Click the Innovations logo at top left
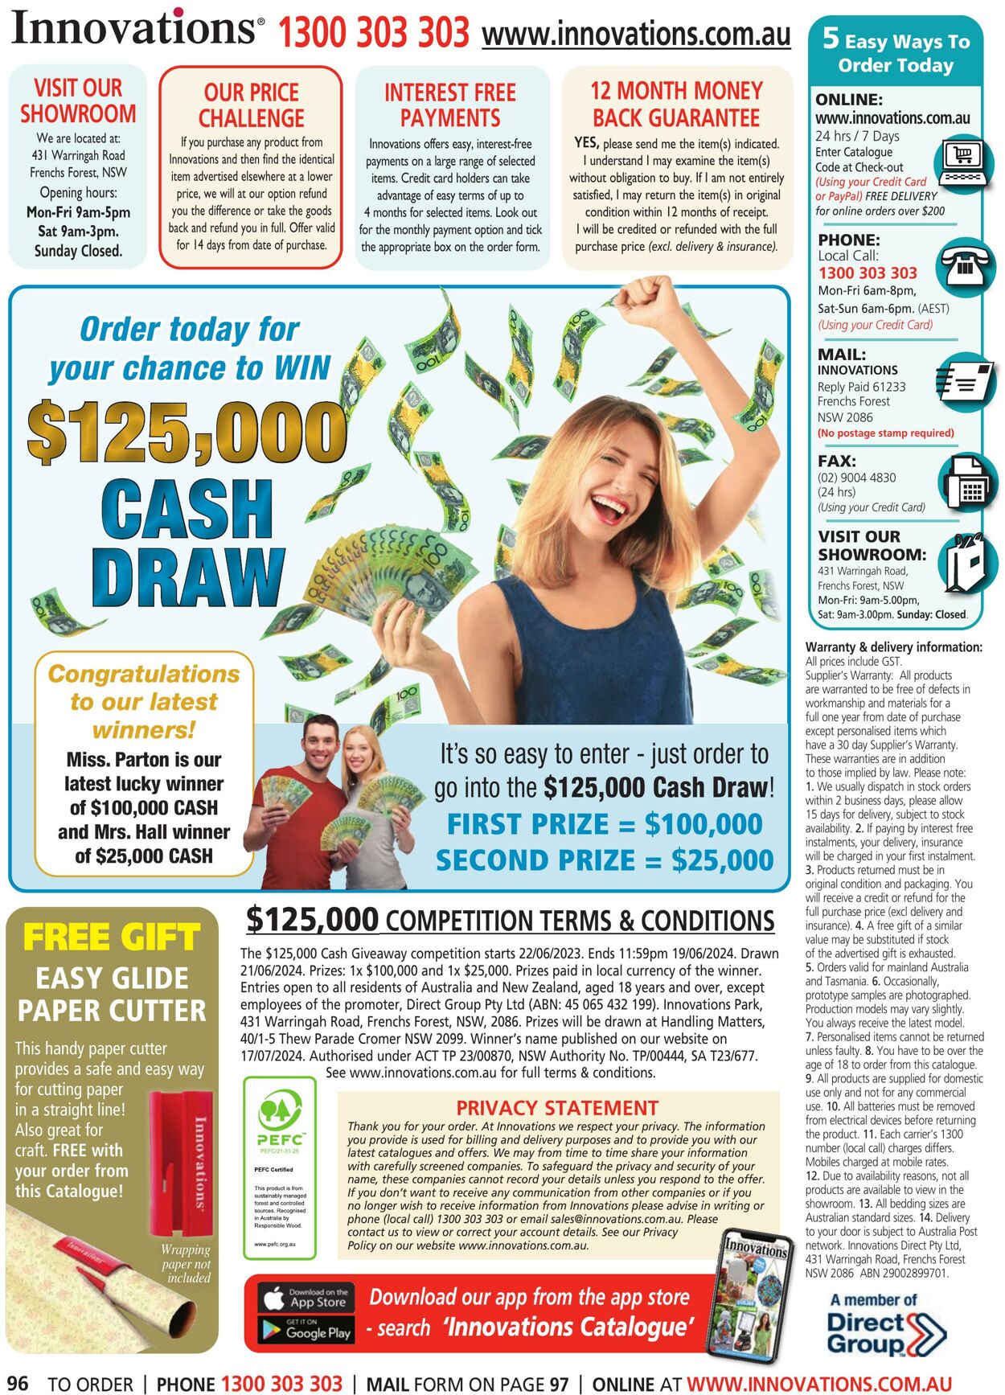[137, 28]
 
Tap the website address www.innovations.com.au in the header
[636, 35]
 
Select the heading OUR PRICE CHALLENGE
[251, 105]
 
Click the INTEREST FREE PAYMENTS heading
[450, 105]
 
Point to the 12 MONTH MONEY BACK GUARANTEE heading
[676, 105]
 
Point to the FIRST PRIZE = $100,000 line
[605, 825]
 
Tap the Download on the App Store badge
[306, 1297]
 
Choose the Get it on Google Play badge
[306, 1331]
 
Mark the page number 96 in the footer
[18, 1382]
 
